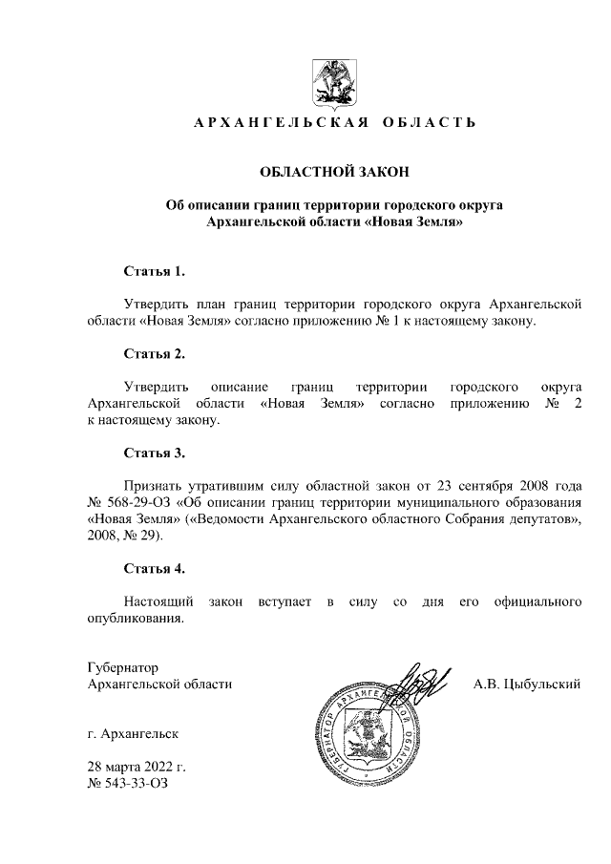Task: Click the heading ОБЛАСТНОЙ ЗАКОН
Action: tap(334, 172)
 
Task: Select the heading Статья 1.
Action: tap(154, 271)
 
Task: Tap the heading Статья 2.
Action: tap(154, 354)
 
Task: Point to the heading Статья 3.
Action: tap(154, 452)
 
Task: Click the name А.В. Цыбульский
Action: tap(528, 685)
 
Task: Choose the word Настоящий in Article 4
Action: tap(159, 601)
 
